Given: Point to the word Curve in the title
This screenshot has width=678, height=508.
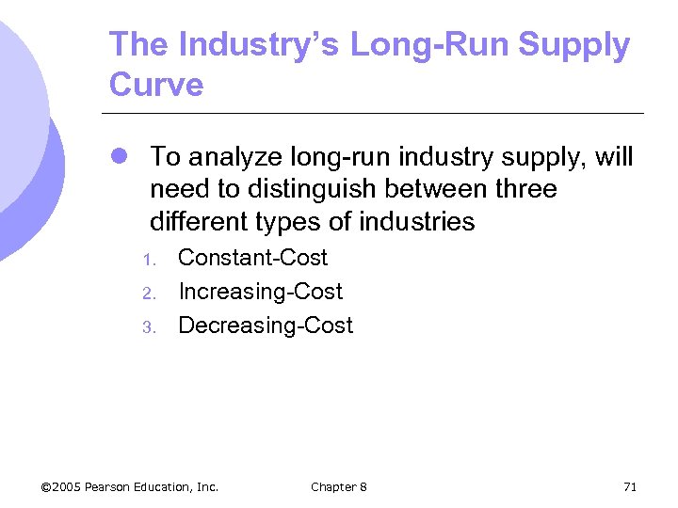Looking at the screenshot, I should [156, 85].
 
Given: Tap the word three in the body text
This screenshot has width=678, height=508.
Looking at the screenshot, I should [524, 189].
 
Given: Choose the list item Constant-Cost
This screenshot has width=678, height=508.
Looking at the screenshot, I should [252, 258].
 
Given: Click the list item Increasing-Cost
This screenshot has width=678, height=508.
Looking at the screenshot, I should [260, 292].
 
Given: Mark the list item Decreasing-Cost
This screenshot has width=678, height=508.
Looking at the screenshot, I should [266, 325].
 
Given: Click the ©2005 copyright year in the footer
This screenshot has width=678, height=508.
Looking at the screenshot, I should [61, 486].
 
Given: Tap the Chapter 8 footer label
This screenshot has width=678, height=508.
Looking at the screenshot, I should [339, 486].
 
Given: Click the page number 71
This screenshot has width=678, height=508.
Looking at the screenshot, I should [630, 486].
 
